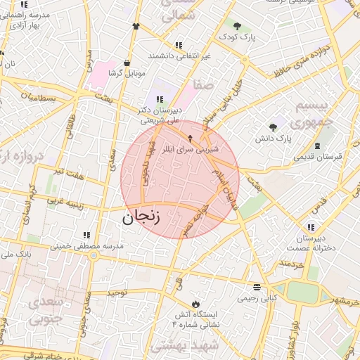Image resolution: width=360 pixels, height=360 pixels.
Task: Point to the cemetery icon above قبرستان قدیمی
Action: click(x=319, y=146)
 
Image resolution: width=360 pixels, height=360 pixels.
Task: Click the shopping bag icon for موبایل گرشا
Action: click(x=127, y=62)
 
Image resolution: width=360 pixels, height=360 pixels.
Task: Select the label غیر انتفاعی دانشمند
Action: click(x=188, y=55)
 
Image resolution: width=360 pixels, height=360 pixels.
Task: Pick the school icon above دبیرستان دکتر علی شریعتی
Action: click(x=160, y=99)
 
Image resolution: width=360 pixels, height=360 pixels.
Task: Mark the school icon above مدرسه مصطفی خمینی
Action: click(x=86, y=235)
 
